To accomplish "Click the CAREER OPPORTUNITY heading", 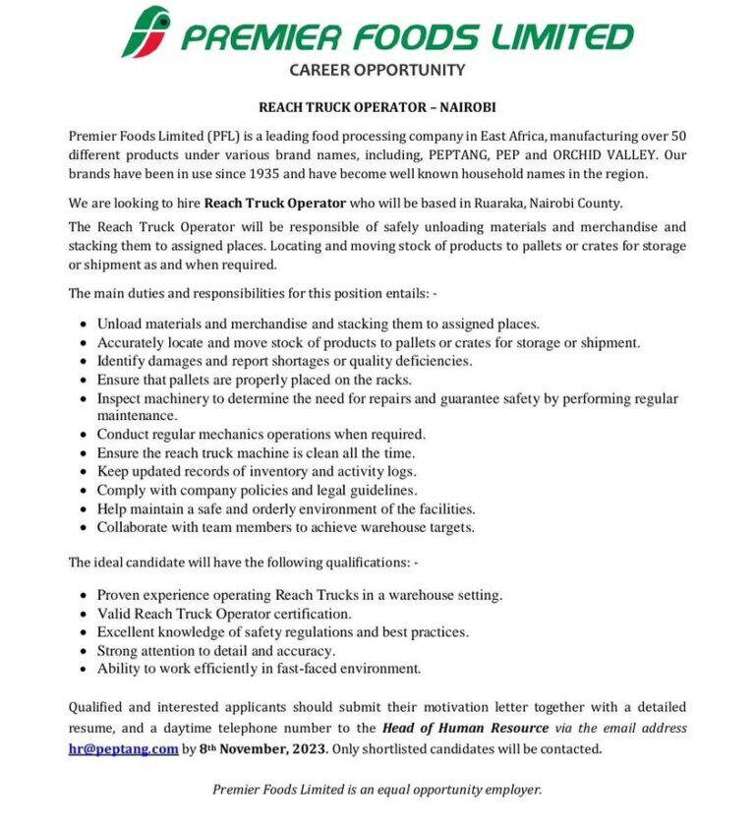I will (377, 70).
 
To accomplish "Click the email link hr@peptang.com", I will (123, 748).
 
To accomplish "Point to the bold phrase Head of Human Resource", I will (466, 729).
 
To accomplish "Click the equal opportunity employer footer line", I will (377, 789).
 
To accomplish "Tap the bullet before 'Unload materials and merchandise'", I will (82, 325).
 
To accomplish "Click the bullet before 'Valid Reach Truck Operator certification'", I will (82, 615).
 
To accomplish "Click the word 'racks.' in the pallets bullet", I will (392, 380).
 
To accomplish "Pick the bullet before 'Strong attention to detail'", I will (82, 651).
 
